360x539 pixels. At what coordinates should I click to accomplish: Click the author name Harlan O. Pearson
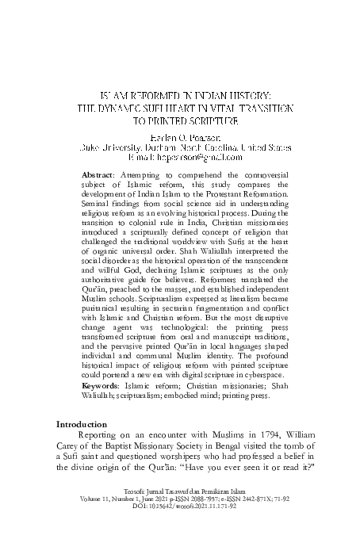tap(180, 136)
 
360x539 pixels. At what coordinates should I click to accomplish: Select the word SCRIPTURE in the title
tap(214, 121)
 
